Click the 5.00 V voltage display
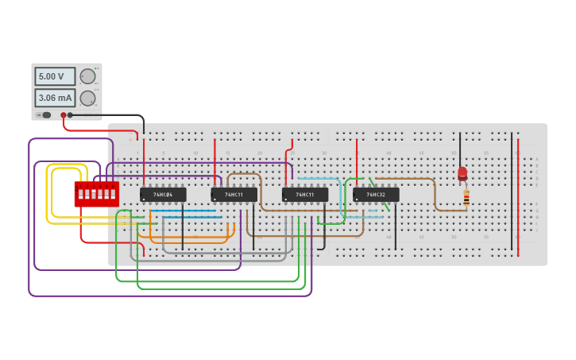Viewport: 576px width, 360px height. click(x=55, y=76)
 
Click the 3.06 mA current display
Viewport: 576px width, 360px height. click(x=55, y=98)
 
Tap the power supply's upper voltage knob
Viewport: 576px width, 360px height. click(x=87, y=76)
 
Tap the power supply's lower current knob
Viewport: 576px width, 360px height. click(x=87, y=98)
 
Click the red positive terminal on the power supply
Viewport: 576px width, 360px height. click(x=64, y=115)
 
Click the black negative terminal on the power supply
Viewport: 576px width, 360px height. click(x=70, y=115)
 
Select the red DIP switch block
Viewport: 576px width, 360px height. click(x=96, y=194)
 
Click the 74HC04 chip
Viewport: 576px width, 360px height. click(x=163, y=194)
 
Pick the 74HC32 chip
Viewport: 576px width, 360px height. click(x=376, y=194)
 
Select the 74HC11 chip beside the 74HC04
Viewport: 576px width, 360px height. click(x=234, y=194)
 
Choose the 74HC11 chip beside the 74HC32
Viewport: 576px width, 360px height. click(x=304, y=194)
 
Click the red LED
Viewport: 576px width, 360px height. click(x=462, y=173)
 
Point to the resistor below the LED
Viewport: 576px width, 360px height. click(x=466, y=198)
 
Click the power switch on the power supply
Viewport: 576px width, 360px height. click(x=45, y=115)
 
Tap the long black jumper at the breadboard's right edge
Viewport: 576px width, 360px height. click(x=512, y=191)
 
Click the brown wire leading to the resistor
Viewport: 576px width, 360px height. click(x=435, y=195)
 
